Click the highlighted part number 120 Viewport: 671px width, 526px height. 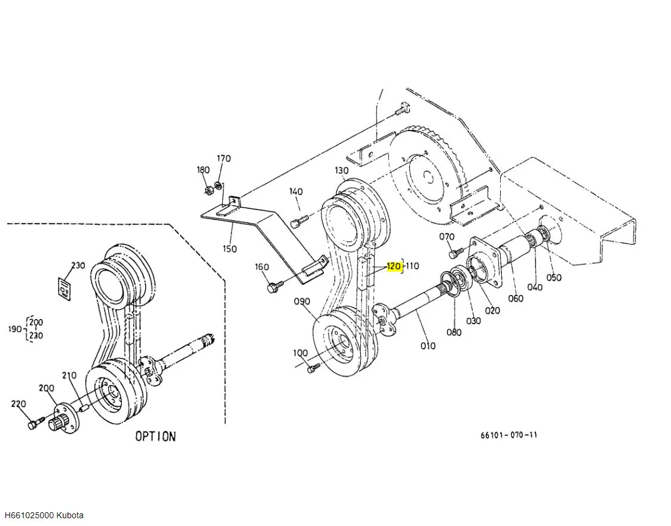tap(394, 266)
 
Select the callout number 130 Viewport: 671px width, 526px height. tap(341, 171)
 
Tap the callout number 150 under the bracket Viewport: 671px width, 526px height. tap(229, 248)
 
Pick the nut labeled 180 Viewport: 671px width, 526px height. tap(209, 191)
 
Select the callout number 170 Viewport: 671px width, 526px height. tap(223, 159)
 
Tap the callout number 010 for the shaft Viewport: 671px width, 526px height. tap(428, 345)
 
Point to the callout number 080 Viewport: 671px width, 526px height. tap(454, 333)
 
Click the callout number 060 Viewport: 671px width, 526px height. tap(515, 298)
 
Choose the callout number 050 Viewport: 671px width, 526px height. tap(554, 277)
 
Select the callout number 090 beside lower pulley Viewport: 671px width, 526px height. tap(302, 302)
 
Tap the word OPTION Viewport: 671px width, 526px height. tap(155, 436)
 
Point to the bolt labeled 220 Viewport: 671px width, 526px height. tap(33, 424)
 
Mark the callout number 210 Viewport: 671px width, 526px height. tap(69, 375)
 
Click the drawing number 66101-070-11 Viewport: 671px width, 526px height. tap(508, 435)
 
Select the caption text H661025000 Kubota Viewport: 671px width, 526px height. tap(44, 515)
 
